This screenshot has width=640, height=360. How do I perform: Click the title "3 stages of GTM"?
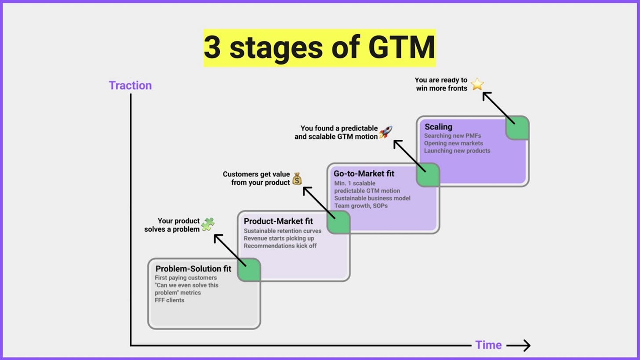(319, 48)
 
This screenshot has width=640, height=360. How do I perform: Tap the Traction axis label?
(130, 85)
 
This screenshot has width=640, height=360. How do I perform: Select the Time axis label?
(488, 345)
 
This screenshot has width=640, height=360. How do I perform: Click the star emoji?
(477, 84)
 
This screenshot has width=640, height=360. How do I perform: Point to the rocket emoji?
(385, 132)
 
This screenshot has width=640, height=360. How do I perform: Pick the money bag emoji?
(297, 178)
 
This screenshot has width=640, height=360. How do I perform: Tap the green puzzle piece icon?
(207, 224)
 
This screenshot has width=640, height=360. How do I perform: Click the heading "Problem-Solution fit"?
(193, 269)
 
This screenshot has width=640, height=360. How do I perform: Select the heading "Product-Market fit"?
(278, 221)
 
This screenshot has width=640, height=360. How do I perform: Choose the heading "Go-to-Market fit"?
(364, 174)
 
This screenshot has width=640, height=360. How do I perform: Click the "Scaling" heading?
(438, 127)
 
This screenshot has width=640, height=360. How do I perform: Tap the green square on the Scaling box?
(517, 128)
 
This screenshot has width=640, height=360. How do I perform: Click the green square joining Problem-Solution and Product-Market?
(249, 270)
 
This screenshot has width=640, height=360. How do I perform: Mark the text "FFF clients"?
(169, 300)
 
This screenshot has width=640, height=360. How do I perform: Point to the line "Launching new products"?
(457, 150)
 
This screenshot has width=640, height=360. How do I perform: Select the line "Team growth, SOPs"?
(361, 205)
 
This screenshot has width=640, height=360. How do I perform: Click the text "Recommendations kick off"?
(280, 246)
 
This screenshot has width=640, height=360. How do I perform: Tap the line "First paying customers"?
(185, 278)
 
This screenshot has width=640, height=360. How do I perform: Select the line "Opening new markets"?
(453, 143)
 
